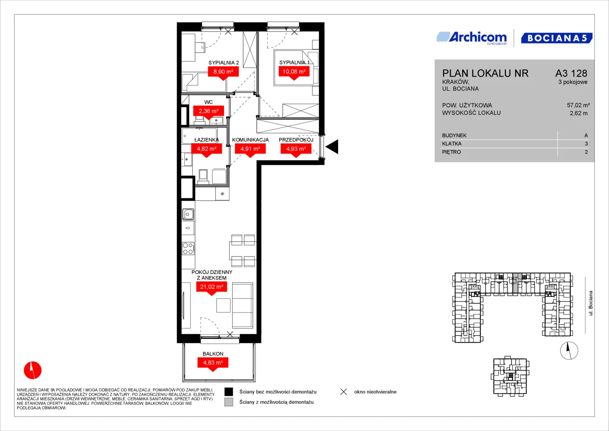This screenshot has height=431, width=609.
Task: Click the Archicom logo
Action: [x=472, y=38]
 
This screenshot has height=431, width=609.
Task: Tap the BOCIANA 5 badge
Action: [x=557, y=38]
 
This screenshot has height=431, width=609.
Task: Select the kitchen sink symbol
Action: [x=188, y=214]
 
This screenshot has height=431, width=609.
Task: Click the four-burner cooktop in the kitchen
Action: [x=188, y=248]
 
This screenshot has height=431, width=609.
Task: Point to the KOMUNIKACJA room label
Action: [x=250, y=140]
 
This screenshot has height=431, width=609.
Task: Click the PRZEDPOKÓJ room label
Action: [x=296, y=140]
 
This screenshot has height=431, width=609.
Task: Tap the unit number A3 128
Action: [x=571, y=73]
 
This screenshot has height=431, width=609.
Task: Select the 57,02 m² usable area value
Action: [x=578, y=105]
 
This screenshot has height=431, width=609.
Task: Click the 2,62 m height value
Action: [x=579, y=113]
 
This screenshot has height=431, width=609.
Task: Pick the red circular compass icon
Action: [x=33, y=370]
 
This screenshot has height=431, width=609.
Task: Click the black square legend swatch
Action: [x=229, y=391]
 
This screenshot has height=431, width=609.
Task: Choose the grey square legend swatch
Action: [x=229, y=402]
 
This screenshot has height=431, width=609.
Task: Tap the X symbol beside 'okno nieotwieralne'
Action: [x=344, y=392]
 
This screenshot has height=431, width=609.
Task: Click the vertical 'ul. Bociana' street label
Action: [x=591, y=303]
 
